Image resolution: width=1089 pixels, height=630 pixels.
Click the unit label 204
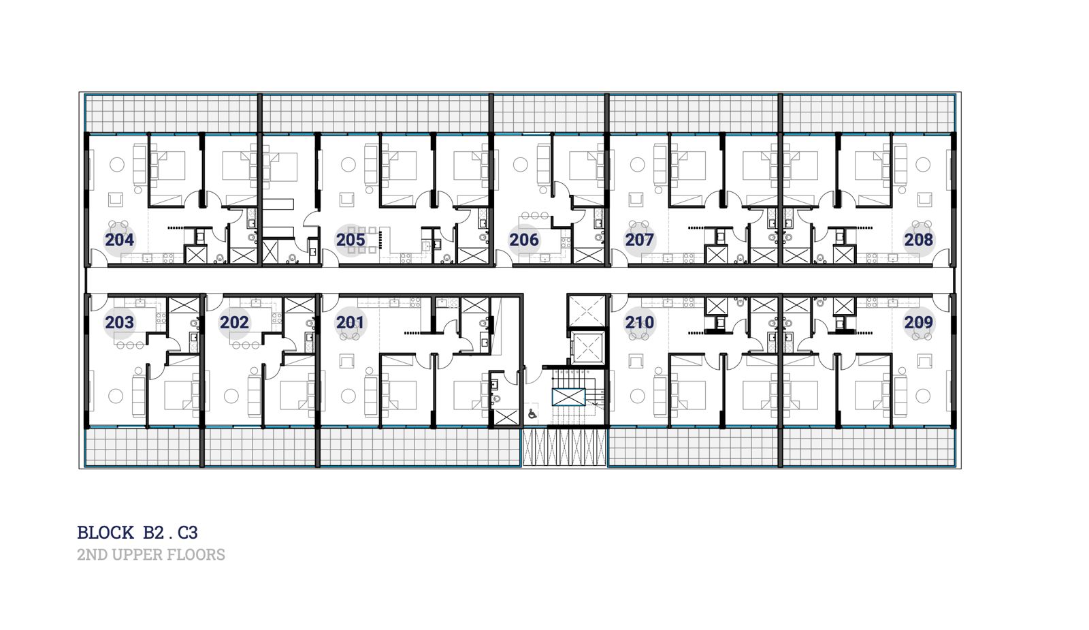120,240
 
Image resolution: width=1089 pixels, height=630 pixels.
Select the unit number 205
351,240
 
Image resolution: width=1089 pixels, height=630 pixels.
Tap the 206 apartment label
524,240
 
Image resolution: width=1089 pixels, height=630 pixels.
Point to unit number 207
639,240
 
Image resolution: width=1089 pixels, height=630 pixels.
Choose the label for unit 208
919,240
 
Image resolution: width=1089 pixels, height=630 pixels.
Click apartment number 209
919,323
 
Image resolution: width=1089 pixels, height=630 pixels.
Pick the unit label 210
639,323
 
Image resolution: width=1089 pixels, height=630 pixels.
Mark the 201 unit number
350,323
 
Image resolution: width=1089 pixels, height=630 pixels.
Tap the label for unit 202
234,323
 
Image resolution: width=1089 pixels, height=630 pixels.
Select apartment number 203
120,323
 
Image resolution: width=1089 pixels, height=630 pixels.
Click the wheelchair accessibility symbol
532,414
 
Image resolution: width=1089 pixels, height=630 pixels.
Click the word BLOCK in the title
105,533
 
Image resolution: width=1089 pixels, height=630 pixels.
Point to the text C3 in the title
188,533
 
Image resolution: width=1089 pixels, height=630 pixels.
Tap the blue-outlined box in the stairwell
569,397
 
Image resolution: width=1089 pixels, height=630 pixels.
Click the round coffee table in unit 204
116,164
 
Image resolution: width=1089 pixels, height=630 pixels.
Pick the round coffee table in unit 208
923,164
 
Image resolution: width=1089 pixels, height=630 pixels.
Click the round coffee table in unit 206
521,164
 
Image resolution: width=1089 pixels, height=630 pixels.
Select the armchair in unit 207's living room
636,200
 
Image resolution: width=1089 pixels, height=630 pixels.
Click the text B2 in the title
154,533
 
